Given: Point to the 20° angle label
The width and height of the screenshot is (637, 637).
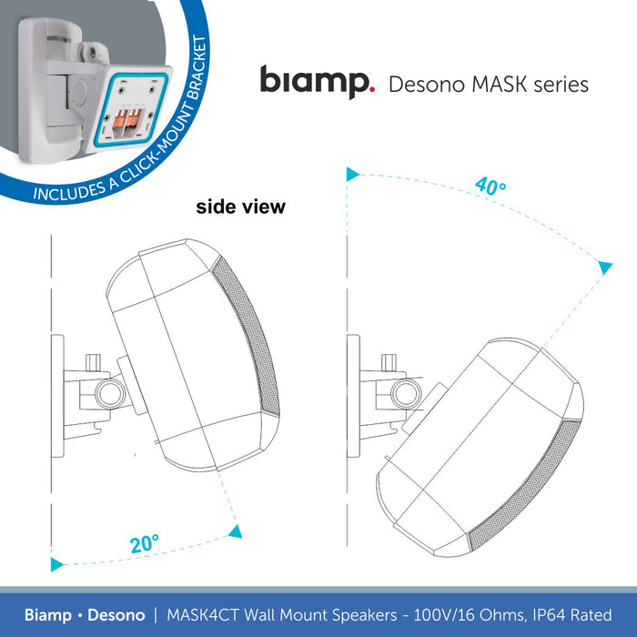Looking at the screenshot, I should tap(144, 544).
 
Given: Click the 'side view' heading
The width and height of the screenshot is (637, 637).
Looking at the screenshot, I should tap(240, 207).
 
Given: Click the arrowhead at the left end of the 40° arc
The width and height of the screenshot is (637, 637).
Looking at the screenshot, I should tap(352, 173).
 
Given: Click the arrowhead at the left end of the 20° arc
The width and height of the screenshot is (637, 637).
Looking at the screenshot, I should tap(56, 565).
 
